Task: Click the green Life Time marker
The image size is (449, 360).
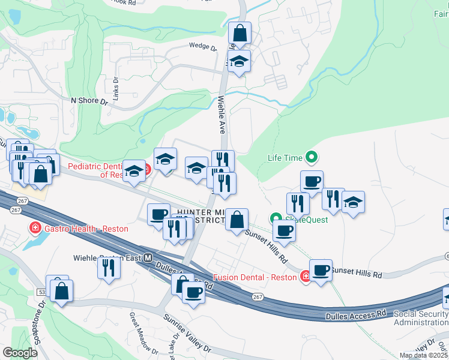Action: coord(311,158)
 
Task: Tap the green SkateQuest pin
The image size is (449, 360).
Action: coord(276,219)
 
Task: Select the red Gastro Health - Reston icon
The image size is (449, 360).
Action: coord(35,229)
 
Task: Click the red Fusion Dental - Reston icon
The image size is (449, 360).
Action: coord(305,277)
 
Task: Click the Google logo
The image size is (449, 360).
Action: coord(20,353)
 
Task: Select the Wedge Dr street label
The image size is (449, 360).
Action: coord(202,46)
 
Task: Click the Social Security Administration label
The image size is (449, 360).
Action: coord(421,318)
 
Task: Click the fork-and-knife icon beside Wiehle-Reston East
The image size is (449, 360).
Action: coord(109,266)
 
